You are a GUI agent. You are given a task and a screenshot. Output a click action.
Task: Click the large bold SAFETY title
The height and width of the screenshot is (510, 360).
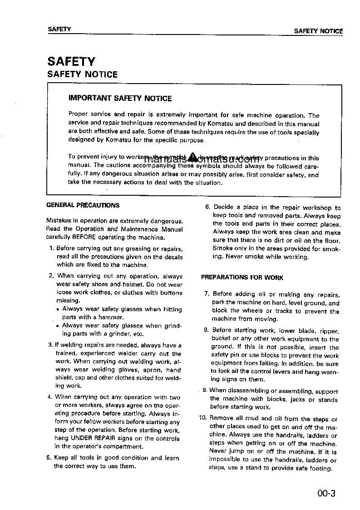(x=71, y=61)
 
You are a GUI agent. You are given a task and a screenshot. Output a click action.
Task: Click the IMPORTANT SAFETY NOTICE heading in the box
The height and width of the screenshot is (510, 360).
(x=120, y=98)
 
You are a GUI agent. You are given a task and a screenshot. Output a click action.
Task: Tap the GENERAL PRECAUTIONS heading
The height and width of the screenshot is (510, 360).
(x=83, y=205)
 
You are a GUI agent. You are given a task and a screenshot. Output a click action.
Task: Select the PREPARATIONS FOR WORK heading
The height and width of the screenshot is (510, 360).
(x=242, y=277)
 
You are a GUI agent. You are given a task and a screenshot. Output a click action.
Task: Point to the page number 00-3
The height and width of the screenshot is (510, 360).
(x=326, y=493)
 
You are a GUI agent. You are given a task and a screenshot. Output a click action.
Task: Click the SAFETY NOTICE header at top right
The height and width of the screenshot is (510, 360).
(x=318, y=31)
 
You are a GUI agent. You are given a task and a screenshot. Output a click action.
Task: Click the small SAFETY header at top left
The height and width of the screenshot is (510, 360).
(x=59, y=30)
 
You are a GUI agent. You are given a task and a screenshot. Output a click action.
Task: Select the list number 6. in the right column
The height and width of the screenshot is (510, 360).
(x=207, y=208)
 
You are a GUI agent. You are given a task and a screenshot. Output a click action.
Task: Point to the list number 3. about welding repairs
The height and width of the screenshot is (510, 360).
(x=51, y=345)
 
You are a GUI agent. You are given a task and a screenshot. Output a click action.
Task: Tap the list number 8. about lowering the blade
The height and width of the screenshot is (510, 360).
(x=207, y=331)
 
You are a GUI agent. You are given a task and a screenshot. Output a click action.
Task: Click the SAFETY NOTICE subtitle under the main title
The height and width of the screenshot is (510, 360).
(x=82, y=74)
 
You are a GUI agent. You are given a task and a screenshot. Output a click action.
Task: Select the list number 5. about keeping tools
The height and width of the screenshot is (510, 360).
(x=49, y=458)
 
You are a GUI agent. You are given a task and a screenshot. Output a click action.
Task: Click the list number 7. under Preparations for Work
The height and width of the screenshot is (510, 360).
(x=207, y=294)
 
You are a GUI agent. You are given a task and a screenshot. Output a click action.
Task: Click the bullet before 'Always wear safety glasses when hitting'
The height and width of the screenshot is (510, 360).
(x=58, y=310)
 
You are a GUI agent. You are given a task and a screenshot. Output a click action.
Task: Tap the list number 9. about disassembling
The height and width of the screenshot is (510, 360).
(x=205, y=390)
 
